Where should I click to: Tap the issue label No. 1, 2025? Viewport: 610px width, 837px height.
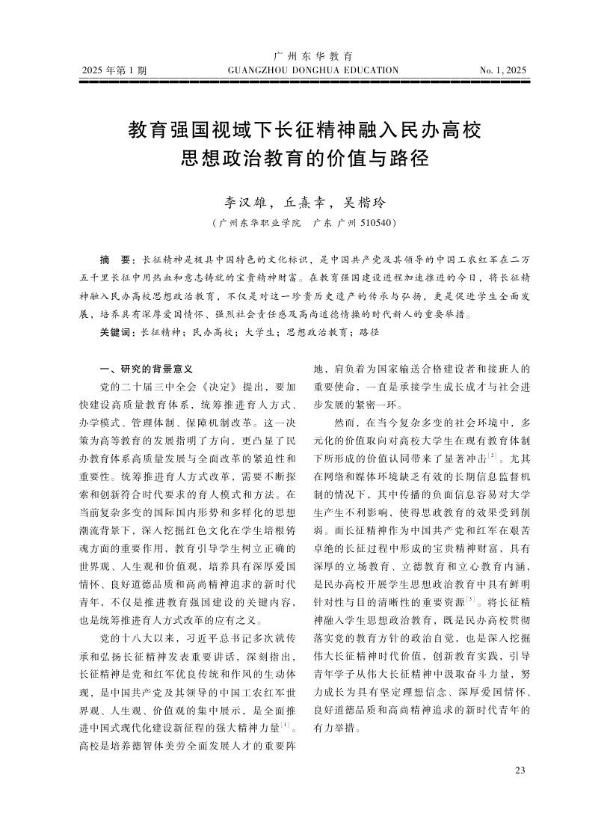(x=502, y=71)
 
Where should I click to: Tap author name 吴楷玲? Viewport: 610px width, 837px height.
(x=363, y=202)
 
